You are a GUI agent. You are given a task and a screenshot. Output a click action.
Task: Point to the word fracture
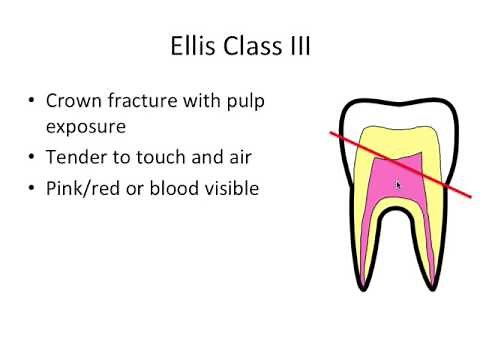click(x=153, y=102)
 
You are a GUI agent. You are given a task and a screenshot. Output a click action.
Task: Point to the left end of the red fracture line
click(x=334, y=131)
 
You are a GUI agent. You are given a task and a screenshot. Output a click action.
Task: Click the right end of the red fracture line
click(x=470, y=196)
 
